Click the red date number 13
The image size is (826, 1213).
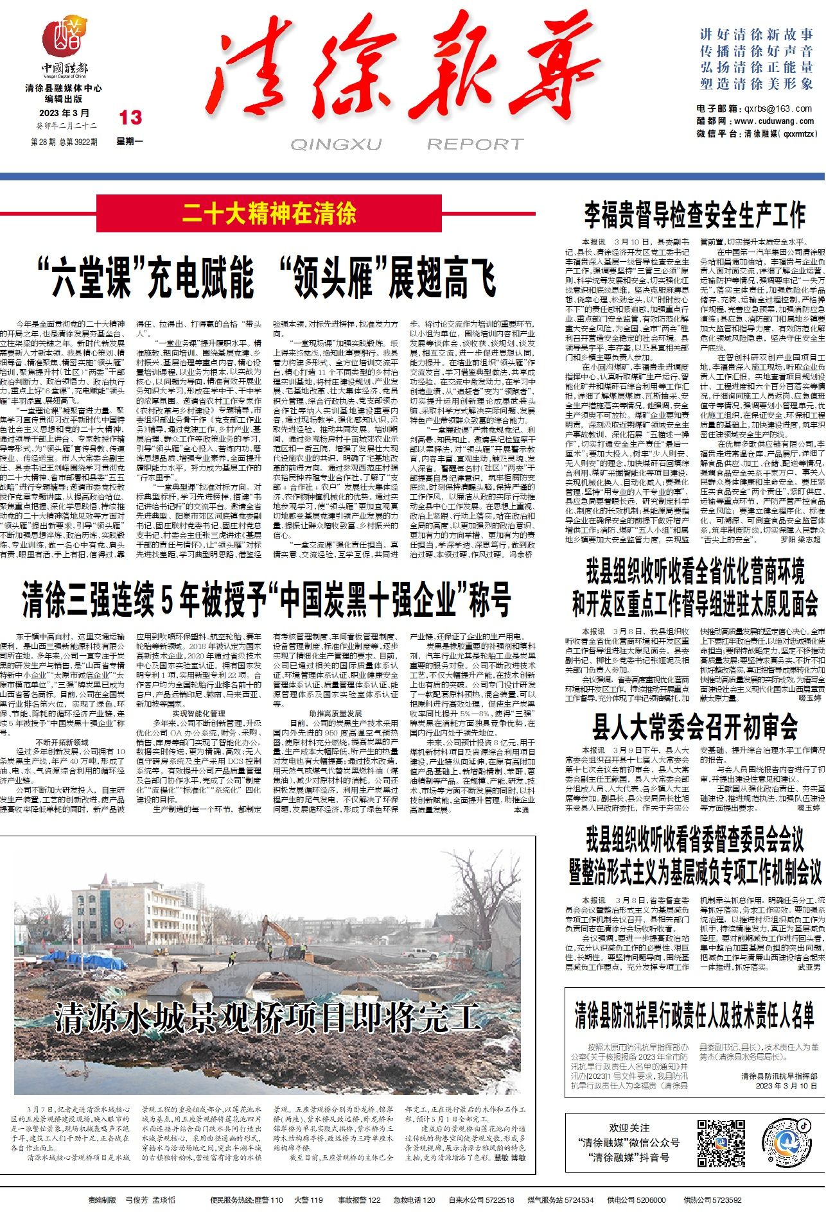coord(130,117)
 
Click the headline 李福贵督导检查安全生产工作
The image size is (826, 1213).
coord(694,214)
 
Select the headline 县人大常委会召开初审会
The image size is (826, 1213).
coord(694,727)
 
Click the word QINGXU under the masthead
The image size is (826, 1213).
coord(336,144)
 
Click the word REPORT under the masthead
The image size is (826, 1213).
coord(475,144)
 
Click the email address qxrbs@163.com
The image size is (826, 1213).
coord(778,108)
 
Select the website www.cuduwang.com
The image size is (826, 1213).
coord(773,121)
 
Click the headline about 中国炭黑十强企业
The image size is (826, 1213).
coord(267,599)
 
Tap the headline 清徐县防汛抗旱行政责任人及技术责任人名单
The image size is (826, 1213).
coord(694,1014)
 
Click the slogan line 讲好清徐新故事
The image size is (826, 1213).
coord(757,35)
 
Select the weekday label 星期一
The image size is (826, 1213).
coord(130,141)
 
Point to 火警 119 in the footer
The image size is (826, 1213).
coord(308,1200)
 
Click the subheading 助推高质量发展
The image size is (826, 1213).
coord(335,713)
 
